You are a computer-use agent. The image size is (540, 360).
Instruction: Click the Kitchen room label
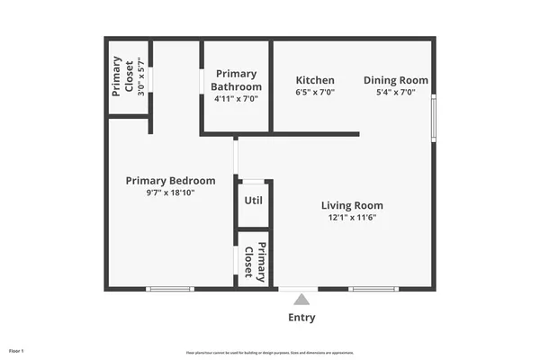(315, 80)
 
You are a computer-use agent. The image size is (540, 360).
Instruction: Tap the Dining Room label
(396, 80)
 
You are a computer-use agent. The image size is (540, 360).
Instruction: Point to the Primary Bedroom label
(170, 180)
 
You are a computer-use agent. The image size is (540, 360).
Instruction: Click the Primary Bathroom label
(236, 81)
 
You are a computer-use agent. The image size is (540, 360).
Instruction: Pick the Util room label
(254, 200)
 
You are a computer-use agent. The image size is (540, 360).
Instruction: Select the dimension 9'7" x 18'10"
(170, 192)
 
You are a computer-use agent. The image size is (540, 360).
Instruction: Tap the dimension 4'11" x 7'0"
(236, 98)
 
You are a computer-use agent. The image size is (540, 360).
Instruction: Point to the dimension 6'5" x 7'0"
(315, 92)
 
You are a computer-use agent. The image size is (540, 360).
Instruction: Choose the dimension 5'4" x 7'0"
(396, 92)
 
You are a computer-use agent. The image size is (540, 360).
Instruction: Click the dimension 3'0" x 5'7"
(129, 76)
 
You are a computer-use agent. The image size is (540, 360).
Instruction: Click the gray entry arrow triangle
(302, 299)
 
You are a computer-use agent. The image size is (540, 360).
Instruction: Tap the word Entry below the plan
(301, 318)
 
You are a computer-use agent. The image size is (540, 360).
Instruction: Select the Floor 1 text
(16, 349)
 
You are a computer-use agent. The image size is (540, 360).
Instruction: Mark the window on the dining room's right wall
(434, 118)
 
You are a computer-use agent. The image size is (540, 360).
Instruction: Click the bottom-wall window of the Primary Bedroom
(170, 289)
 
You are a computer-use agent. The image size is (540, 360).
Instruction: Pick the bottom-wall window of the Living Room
(373, 289)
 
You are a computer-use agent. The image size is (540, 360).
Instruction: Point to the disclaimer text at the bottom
(270, 351)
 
